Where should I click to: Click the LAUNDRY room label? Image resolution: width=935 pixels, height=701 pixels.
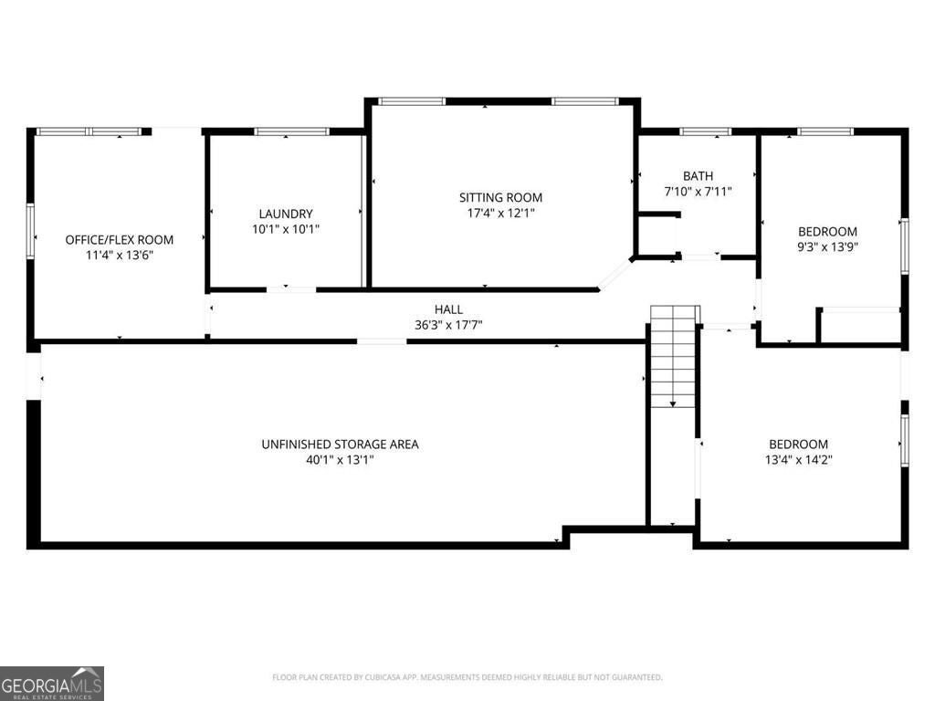click(x=286, y=214)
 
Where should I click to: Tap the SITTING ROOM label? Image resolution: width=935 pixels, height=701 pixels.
click(x=500, y=197)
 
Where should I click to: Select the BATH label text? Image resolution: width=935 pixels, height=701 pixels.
click(x=698, y=175)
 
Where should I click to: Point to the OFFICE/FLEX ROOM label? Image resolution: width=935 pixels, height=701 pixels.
click(x=119, y=240)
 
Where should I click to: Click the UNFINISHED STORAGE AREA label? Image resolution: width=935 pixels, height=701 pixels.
click(x=340, y=445)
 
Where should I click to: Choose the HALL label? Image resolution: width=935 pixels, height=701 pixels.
click(x=448, y=309)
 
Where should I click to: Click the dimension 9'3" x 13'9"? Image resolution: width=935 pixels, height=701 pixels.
click(x=827, y=246)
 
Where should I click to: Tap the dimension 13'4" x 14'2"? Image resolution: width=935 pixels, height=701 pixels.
click(x=798, y=460)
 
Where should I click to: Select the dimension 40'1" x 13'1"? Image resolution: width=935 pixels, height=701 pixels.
click(x=340, y=460)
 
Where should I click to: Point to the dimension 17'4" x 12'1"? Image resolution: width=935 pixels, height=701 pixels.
click(x=500, y=214)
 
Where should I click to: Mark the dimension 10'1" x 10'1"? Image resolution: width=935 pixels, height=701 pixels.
click(x=286, y=229)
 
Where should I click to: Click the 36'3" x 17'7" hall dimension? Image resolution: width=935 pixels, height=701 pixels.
click(x=448, y=325)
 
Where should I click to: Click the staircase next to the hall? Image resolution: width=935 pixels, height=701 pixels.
click(x=673, y=356)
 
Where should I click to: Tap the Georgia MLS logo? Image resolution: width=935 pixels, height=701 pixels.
click(x=52, y=683)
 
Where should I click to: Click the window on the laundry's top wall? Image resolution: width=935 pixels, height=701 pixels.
click(x=291, y=131)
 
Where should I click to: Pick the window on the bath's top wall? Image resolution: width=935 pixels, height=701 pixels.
click(x=706, y=131)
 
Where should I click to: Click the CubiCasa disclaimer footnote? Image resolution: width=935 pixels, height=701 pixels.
click(x=467, y=677)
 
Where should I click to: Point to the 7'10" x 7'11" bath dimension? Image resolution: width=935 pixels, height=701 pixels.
click(x=698, y=192)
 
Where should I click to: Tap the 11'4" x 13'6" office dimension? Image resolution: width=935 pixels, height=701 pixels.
click(x=119, y=256)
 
